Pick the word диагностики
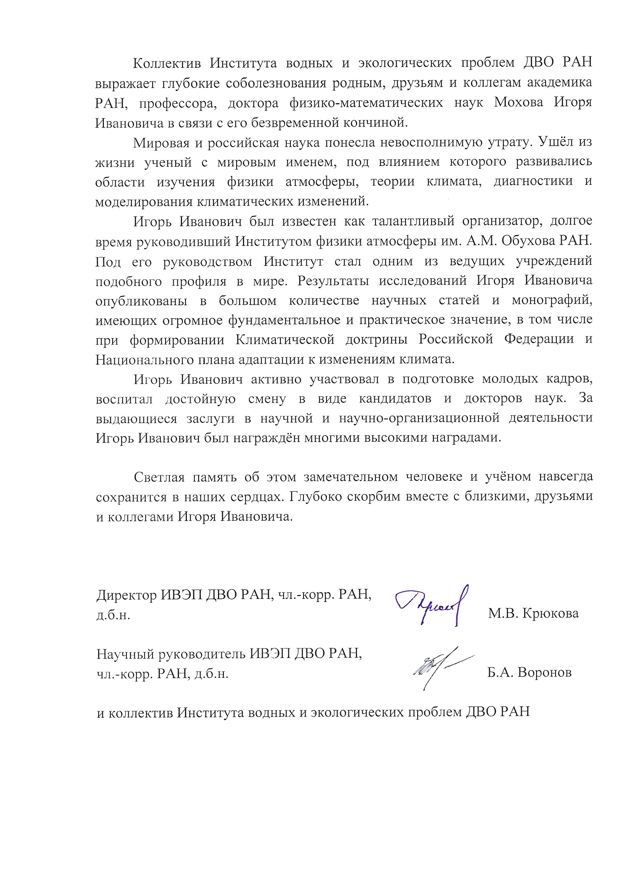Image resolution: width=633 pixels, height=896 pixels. click(x=533, y=181)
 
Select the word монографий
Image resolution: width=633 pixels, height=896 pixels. click(x=551, y=300)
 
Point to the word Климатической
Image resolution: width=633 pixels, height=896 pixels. click(x=285, y=340)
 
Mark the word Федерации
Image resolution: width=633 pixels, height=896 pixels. click(x=539, y=339)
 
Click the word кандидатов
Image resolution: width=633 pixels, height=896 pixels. click(x=395, y=398)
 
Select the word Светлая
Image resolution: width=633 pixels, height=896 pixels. click(x=157, y=477)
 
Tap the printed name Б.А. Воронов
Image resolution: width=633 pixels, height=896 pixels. click(x=529, y=672)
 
